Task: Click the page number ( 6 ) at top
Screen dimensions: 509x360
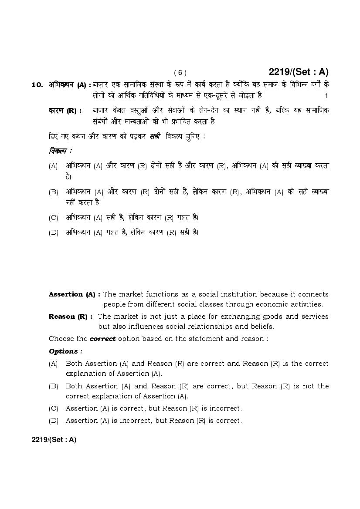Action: pos(180,73)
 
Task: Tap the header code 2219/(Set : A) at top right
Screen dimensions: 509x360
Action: pos(299,72)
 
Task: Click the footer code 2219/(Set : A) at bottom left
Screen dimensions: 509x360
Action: pos(54,440)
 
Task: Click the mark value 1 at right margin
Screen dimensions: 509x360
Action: pos(326,95)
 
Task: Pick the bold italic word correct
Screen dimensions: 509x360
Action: pos(102,339)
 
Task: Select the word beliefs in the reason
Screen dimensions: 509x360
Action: pos(260,327)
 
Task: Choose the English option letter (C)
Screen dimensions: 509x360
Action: pos(54,408)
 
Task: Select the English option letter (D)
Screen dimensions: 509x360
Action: pos(54,421)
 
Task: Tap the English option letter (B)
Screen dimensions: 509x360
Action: pos(54,386)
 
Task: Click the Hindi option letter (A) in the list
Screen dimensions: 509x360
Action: pos(54,166)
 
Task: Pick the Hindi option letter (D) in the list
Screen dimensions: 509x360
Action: pos(54,233)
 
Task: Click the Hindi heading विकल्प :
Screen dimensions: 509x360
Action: pos(60,151)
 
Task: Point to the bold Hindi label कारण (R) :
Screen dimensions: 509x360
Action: pos(65,111)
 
